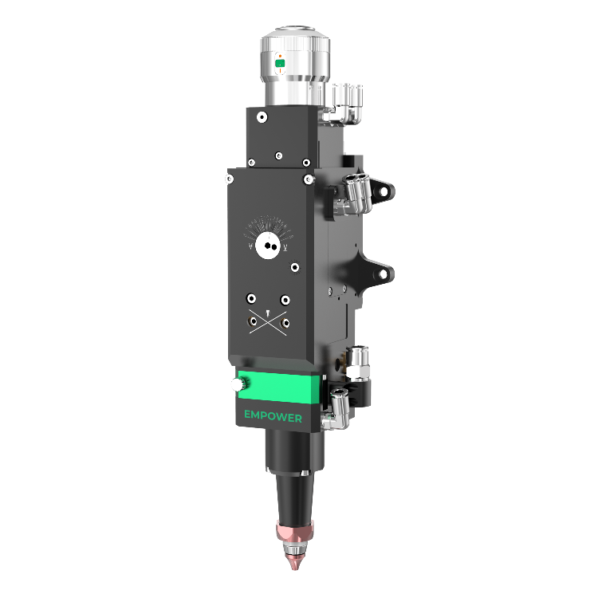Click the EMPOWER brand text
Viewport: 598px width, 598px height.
coord(273,415)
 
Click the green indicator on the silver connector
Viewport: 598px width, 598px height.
coord(281,62)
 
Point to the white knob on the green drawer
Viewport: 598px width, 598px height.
coord(236,384)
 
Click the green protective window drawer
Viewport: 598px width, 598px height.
coord(279,387)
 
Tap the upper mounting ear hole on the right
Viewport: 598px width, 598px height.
coord(385,191)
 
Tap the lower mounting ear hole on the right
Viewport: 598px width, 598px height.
coord(384,274)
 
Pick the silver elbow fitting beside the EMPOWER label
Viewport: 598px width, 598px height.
coord(335,410)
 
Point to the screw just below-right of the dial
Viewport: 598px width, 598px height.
coord(295,268)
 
